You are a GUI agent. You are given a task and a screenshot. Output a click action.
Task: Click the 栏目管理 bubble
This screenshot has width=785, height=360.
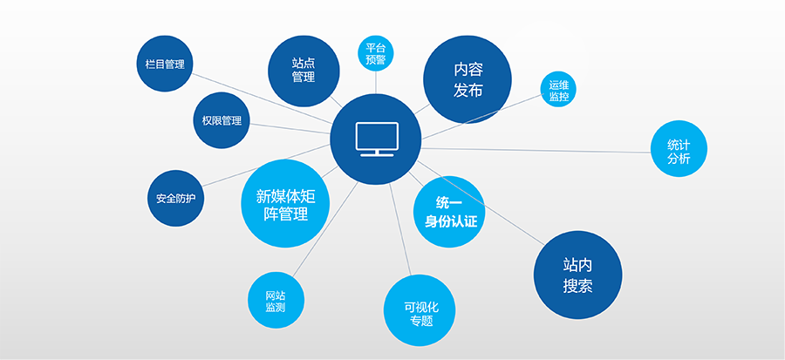point(165,64)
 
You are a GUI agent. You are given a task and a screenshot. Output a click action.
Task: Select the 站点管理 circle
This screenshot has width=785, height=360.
point(304,71)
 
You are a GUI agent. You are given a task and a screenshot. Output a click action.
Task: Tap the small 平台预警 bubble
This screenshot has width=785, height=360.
point(375,53)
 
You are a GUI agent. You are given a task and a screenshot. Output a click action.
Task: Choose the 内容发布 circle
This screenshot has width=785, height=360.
point(468,79)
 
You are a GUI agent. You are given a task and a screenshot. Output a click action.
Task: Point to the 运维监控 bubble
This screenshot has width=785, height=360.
point(559,90)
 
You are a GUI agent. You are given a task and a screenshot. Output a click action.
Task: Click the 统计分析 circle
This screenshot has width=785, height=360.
point(679,148)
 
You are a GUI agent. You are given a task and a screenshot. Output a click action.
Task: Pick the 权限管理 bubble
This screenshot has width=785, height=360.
point(222,120)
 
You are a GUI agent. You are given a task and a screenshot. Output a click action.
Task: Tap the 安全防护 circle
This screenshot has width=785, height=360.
point(175,199)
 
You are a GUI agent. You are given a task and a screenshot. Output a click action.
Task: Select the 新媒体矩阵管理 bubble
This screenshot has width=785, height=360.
point(285,203)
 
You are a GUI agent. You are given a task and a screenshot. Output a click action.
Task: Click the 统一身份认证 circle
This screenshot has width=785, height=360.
point(450,212)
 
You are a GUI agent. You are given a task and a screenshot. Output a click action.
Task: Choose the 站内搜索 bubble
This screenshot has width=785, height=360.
point(577,275)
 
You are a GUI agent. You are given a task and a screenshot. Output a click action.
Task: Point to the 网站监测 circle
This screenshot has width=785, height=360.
point(276,300)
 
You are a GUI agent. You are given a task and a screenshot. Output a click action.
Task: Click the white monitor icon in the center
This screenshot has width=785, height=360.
point(377,139)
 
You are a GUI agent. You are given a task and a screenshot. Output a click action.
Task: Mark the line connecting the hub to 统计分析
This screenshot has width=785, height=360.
point(536,151)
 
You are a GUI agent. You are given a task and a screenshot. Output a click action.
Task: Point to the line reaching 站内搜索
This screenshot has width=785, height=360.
point(481,202)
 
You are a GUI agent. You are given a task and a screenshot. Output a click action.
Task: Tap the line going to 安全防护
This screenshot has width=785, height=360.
point(266,165)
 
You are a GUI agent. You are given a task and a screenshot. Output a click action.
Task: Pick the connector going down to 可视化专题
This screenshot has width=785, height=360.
point(400,229)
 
